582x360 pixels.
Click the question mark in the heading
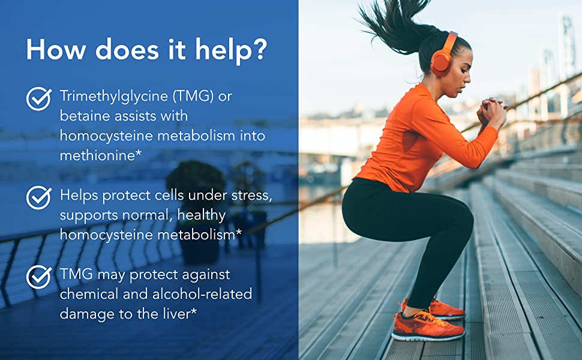259,49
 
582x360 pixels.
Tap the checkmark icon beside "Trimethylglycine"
39,99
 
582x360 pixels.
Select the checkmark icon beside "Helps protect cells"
39,197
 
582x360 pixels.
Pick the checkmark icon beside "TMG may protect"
39,277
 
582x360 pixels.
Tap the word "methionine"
97,155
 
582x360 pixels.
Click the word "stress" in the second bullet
250,195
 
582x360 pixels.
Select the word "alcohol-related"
202,294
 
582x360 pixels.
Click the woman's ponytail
394,26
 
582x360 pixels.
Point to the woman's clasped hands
492,112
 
